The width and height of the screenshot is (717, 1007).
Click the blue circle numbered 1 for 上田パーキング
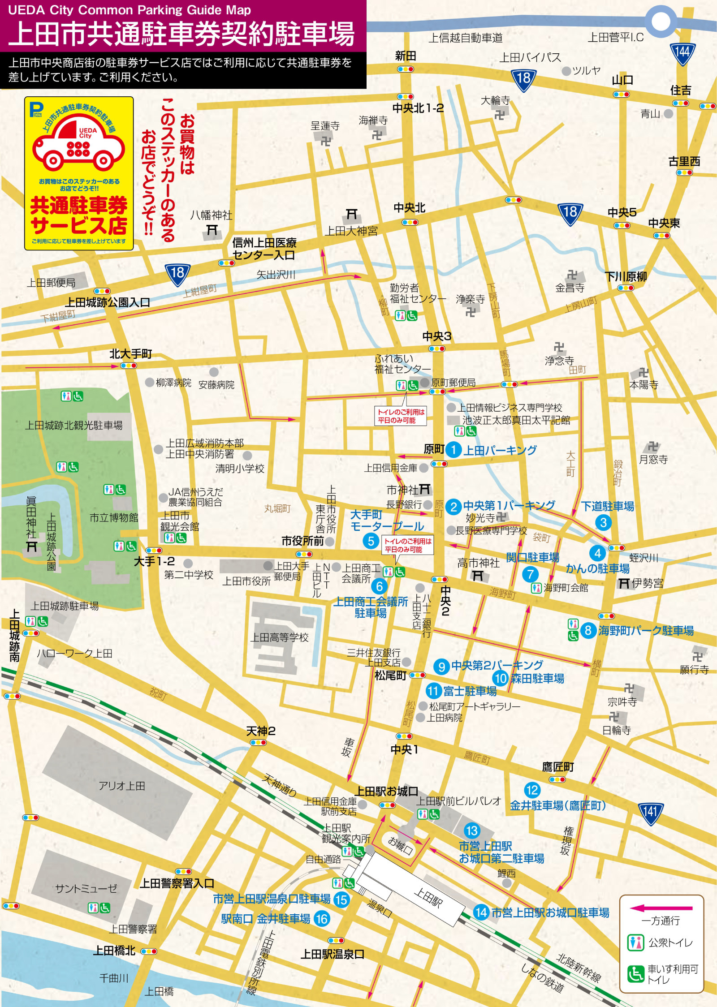click(454, 449)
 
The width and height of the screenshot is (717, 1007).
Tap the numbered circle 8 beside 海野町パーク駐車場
click(588, 630)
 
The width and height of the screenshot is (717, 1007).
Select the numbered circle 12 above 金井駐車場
click(532, 790)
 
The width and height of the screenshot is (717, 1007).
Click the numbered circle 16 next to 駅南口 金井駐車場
click(321, 919)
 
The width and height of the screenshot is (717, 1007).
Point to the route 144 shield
click(682, 53)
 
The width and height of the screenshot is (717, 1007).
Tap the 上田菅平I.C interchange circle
click(661, 21)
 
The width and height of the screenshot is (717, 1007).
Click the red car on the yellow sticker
click(78, 142)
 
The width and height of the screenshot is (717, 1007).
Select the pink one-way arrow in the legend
click(661, 908)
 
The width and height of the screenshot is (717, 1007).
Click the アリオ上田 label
click(122, 786)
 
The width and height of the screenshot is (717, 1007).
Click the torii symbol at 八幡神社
click(212, 230)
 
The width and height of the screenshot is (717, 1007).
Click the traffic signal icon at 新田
click(405, 69)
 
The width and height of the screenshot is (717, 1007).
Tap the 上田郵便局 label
click(51, 283)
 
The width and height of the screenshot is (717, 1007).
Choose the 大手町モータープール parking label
click(386, 520)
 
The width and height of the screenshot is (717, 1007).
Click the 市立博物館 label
click(114, 518)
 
